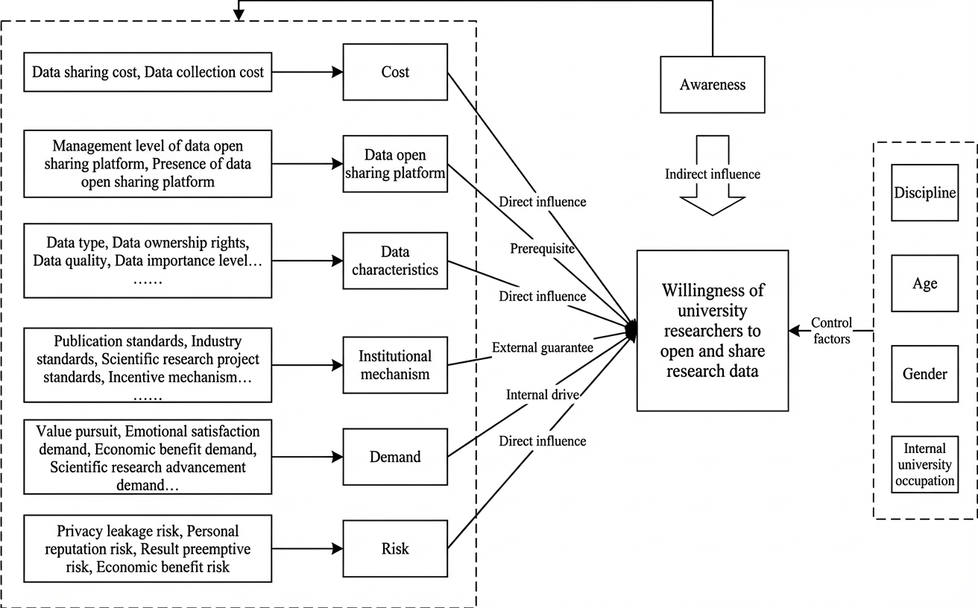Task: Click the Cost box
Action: pyautogui.click(x=395, y=72)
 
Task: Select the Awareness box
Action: pyautogui.click(x=713, y=85)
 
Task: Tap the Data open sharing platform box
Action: pyautogui.click(x=395, y=164)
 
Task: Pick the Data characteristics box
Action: pyautogui.click(x=395, y=261)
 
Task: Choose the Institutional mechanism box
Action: pyautogui.click(x=395, y=365)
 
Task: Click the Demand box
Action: pyautogui.click(x=395, y=457)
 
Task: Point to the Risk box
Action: pyautogui.click(x=395, y=548)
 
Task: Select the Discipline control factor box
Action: pyautogui.click(x=925, y=192)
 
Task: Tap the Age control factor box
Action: pyautogui.click(x=925, y=283)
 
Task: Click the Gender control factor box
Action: pyautogui.click(x=925, y=374)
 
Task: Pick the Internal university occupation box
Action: pyautogui.click(x=925, y=464)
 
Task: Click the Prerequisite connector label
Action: pyautogui.click(x=542, y=249)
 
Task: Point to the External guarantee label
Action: pyautogui.click(x=542, y=347)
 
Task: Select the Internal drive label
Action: pyautogui.click(x=542, y=395)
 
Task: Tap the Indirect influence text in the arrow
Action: pyautogui.click(x=713, y=174)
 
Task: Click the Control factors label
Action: pyautogui.click(x=831, y=331)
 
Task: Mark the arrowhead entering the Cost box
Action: pyautogui.click(x=338, y=72)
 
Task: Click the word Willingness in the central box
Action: pyautogui.click(x=713, y=291)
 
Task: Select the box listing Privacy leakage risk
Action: pyautogui.click(x=148, y=548)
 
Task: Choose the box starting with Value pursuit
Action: pyautogui.click(x=148, y=457)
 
